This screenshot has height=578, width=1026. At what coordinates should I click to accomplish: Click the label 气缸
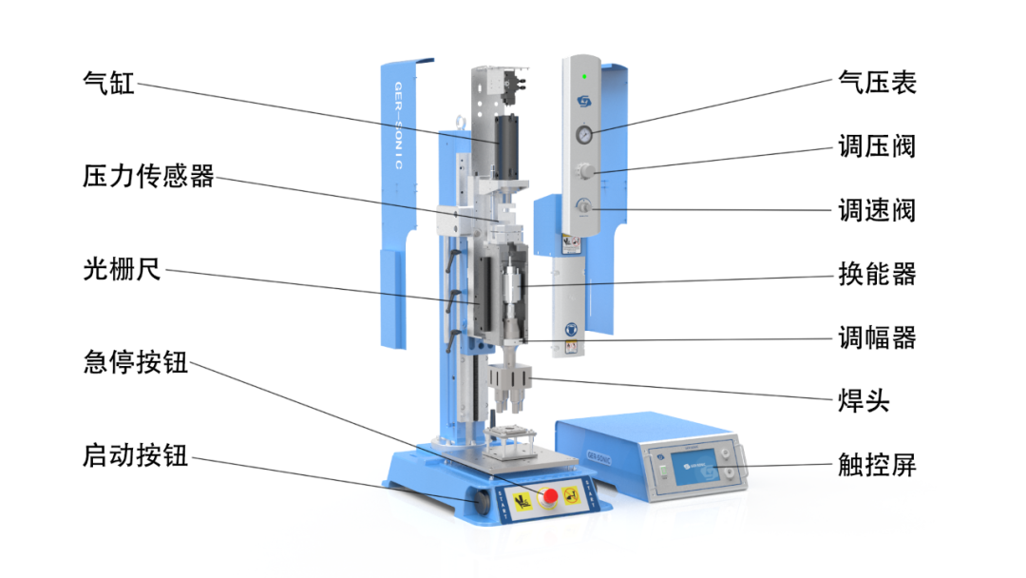[108, 83]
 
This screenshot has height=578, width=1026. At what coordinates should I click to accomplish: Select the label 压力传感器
[148, 176]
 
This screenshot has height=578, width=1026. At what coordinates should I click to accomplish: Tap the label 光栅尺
[122, 268]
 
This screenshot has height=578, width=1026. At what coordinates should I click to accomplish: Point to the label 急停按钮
[136, 362]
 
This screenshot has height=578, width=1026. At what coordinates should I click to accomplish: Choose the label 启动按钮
[136, 455]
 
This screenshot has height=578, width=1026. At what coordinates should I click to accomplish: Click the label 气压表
[878, 83]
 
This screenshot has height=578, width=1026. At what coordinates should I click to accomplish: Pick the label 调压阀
[878, 146]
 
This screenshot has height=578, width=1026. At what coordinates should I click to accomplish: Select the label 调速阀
[878, 210]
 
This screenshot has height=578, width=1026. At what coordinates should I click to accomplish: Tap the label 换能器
[878, 274]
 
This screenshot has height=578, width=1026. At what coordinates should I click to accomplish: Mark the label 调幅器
[878, 337]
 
